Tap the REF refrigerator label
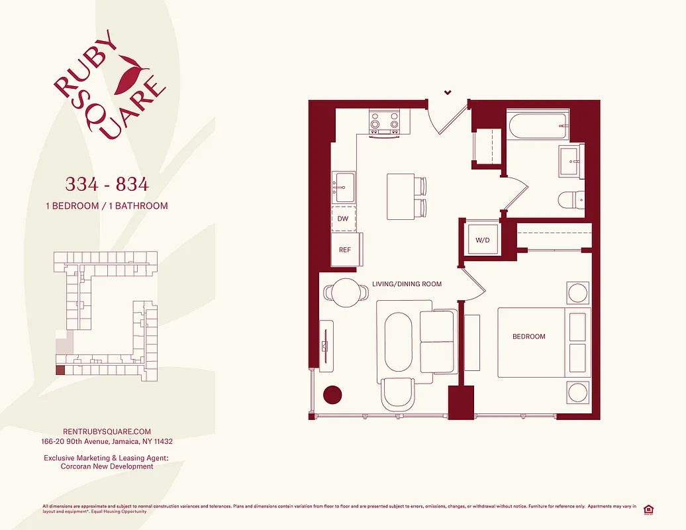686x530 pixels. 345,250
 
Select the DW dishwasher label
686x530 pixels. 343,218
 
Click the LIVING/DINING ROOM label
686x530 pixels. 407,284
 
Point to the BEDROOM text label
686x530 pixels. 529,337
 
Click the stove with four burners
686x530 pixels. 385,123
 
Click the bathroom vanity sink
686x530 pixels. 570,161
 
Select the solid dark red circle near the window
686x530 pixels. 332,394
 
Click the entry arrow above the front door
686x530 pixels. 448,92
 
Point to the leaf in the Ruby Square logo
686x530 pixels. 131,74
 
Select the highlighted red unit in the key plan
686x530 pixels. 60,371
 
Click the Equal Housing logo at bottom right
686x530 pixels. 648,509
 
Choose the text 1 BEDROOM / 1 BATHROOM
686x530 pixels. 106,205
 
